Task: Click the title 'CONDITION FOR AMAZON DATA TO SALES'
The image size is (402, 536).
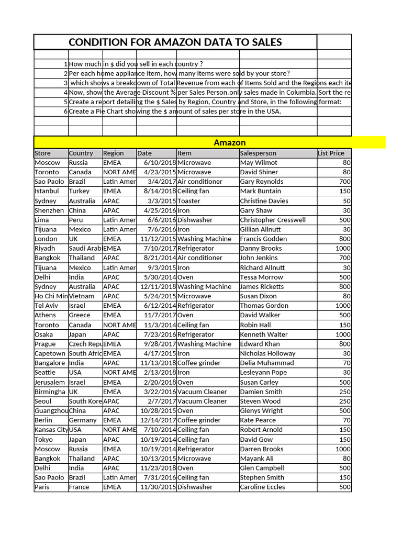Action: tap(175, 42)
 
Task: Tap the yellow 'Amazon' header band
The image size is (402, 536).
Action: tap(230, 142)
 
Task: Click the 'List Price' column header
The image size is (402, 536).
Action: tap(331, 153)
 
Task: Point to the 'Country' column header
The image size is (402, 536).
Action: tap(81, 153)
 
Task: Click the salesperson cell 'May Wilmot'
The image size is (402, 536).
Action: tap(259, 163)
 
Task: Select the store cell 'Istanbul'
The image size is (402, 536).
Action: tap(47, 191)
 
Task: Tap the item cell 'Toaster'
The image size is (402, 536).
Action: tap(189, 201)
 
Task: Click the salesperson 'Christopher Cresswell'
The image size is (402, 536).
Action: tap(273, 220)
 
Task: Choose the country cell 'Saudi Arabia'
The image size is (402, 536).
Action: tap(85, 249)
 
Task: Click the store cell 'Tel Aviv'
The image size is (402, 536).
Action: tap(47, 306)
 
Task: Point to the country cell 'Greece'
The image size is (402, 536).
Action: tap(80, 315)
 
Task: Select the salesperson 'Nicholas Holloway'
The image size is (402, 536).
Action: tap(267, 353)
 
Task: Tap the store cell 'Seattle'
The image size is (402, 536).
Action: tap(45, 373)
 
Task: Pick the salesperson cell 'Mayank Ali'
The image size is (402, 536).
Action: tap(257, 459)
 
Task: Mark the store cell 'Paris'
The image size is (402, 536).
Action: tap(42, 487)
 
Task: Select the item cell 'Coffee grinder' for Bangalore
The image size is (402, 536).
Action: tap(199, 363)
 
